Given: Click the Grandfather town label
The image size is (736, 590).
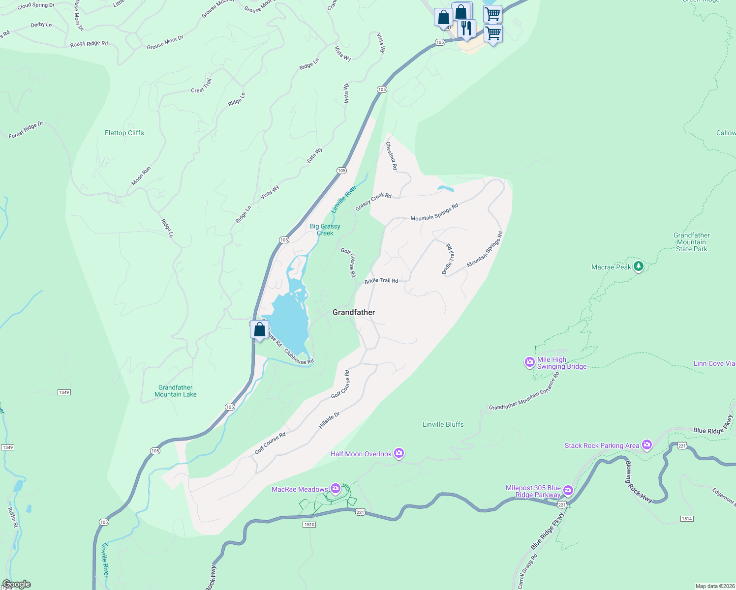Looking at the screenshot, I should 354,312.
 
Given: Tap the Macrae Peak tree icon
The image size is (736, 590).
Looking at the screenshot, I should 639,266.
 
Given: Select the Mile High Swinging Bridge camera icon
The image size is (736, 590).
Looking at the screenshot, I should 529,363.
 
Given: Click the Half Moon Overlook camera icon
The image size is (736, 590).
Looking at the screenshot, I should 399,453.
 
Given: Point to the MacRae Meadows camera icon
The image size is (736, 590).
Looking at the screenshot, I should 336,489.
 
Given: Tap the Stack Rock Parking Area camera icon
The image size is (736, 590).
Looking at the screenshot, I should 646,445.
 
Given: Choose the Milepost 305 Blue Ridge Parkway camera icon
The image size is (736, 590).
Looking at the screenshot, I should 568,491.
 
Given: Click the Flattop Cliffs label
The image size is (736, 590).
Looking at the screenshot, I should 124,133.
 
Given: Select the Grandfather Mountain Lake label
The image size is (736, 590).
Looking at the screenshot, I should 176,391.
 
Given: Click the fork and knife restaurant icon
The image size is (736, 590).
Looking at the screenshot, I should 466,29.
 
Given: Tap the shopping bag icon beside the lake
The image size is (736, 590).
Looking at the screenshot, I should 259,329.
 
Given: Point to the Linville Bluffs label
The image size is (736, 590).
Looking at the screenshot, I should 443,424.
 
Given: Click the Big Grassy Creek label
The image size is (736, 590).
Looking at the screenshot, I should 325,230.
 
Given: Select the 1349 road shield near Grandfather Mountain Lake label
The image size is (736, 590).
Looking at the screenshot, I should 64,392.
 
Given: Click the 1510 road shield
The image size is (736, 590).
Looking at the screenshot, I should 309,525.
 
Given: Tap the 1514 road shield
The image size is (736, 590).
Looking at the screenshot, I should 687,519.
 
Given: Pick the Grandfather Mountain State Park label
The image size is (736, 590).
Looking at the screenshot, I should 691,242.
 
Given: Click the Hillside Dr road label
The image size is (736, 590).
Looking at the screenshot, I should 329,420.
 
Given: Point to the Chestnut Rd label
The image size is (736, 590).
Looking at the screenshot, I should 392,156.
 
